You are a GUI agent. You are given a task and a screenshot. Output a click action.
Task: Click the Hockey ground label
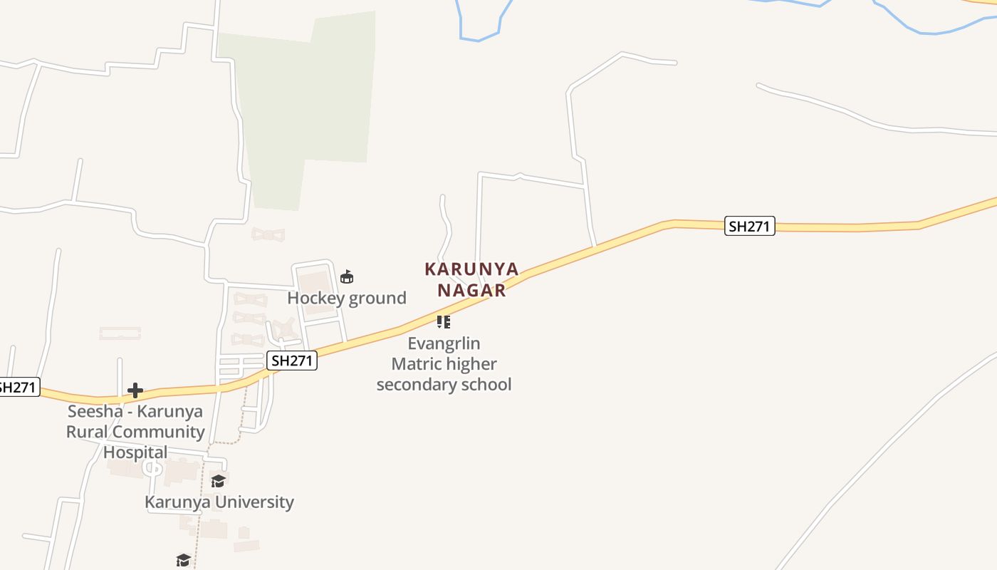[x=347, y=298]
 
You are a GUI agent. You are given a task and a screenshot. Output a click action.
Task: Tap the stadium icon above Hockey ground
[x=347, y=277]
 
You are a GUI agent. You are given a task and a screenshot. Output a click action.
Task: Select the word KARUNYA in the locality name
[x=471, y=269]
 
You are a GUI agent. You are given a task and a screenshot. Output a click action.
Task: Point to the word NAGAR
[x=471, y=290]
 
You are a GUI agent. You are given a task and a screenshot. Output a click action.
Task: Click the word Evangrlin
[x=444, y=343]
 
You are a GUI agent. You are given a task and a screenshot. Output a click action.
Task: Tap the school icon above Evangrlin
[x=444, y=322]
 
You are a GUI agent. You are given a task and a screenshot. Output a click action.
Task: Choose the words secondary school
[x=444, y=385]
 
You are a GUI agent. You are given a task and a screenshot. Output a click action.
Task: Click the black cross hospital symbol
[x=135, y=390]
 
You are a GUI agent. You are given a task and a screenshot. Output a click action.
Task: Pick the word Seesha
[x=95, y=412]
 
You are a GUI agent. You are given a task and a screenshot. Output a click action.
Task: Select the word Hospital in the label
[x=135, y=452]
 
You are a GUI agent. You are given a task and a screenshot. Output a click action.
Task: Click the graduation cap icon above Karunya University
[x=218, y=482]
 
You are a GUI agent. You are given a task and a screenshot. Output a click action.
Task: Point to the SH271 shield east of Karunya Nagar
[x=749, y=227]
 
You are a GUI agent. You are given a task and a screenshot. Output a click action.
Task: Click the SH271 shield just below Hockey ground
[x=292, y=361]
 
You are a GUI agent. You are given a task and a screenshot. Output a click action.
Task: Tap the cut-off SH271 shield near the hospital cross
[x=17, y=388]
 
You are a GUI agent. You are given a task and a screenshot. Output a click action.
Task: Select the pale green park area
[x=306, y=107]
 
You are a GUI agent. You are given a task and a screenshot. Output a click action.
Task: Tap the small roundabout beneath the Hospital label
[x=152, y=469]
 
